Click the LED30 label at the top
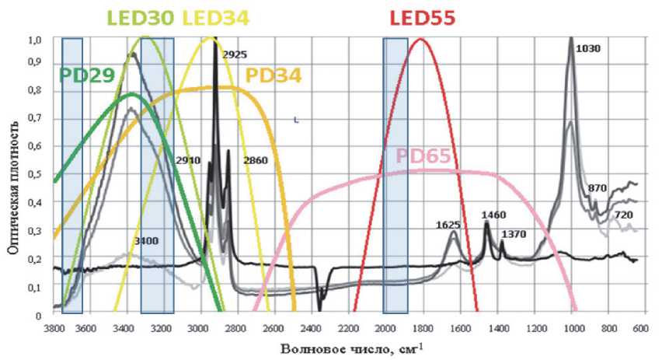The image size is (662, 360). pos(141,17)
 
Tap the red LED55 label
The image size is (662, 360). pos(423,17)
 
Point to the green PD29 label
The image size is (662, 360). pos(87,75)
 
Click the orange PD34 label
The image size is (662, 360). pos(273,75)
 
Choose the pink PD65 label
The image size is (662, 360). pos(423,156)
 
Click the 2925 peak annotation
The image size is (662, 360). pos(234,54)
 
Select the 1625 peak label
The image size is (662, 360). pos(448,225)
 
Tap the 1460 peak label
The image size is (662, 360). pos(493,214)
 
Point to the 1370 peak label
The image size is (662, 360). pos(514,233)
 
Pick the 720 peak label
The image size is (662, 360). pos(623,214)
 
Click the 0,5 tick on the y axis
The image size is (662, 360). pos(35,173)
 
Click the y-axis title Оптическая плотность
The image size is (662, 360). pos(12,177)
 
